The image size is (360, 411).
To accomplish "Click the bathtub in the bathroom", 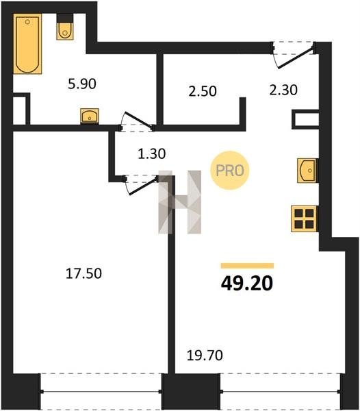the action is [27, 44].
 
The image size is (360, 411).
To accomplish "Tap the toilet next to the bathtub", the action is [65, 27].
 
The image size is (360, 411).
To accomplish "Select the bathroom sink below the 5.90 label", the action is [90, 116].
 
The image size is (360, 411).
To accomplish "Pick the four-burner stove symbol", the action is [305, 219].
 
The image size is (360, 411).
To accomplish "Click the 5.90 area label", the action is [82, 84].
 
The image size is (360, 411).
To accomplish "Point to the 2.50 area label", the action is [203, 91].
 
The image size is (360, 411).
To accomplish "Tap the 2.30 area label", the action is [283, 90].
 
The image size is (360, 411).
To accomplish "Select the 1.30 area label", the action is [151, 153].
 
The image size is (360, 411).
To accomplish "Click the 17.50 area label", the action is [83, 273].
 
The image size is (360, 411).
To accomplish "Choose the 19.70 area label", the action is [205, 356].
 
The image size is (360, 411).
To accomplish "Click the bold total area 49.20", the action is [247, 284].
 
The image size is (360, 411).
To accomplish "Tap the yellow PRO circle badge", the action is [229, 171].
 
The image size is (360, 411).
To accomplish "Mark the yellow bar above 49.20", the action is [247, 266].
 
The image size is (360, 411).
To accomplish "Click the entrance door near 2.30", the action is [294, 55].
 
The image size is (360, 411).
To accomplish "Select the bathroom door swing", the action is [137, 121].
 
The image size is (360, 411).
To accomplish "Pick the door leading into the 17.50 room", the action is [142, 185].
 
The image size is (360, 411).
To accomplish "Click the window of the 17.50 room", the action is [101, 391].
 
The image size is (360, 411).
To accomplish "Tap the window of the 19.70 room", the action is [280, 391].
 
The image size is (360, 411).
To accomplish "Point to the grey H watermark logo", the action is [180, 202].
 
